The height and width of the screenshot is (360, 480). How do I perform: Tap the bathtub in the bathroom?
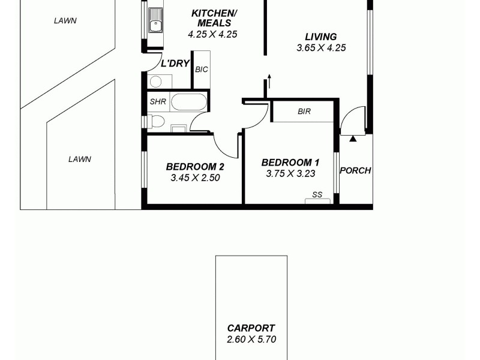tap(189, 101)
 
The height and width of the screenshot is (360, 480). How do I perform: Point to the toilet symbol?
tap(157, 122)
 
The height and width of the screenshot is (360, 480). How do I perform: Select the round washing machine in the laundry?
tap(155, 82)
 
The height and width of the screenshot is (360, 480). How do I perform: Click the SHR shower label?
tap(157, 101)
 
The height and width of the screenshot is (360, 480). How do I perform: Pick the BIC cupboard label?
tap(202, 69)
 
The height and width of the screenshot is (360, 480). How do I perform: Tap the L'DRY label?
tap(176, 63)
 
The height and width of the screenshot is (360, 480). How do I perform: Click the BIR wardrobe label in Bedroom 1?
tap(304, 112)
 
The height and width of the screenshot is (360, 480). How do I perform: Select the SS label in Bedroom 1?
tap(317, 194)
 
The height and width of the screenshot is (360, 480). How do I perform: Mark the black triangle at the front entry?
tap(353, 139)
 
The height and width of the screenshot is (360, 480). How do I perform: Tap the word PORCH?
tap(355, 170)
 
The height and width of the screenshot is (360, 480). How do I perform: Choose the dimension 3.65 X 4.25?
tap(321, 48)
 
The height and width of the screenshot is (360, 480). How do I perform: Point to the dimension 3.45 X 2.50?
tap(196, 178)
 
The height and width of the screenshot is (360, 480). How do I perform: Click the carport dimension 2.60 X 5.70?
tap(251, 340)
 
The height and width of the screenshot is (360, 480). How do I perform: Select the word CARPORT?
tap(251, 328)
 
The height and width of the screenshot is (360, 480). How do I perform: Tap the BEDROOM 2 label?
tap(196, 166)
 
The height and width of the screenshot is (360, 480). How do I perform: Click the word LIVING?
tap(320, 37)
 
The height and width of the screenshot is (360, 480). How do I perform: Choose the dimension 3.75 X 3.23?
tap(290, 174)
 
